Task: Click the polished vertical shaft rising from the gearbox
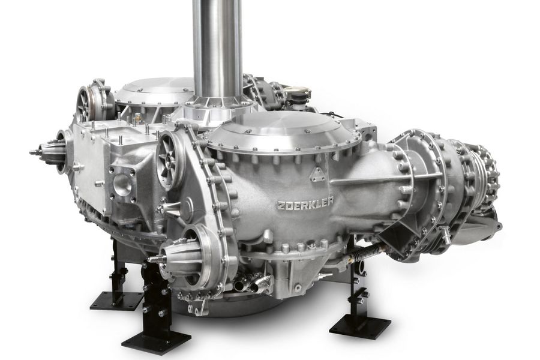(x=217, y=48)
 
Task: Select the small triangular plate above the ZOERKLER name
(x=317, y=175)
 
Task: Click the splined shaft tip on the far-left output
(x=34, y=152)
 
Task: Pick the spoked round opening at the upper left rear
(x=85, y=103)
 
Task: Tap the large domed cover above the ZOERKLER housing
(x=283, y=131)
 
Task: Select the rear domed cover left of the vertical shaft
(x=154, y=90)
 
